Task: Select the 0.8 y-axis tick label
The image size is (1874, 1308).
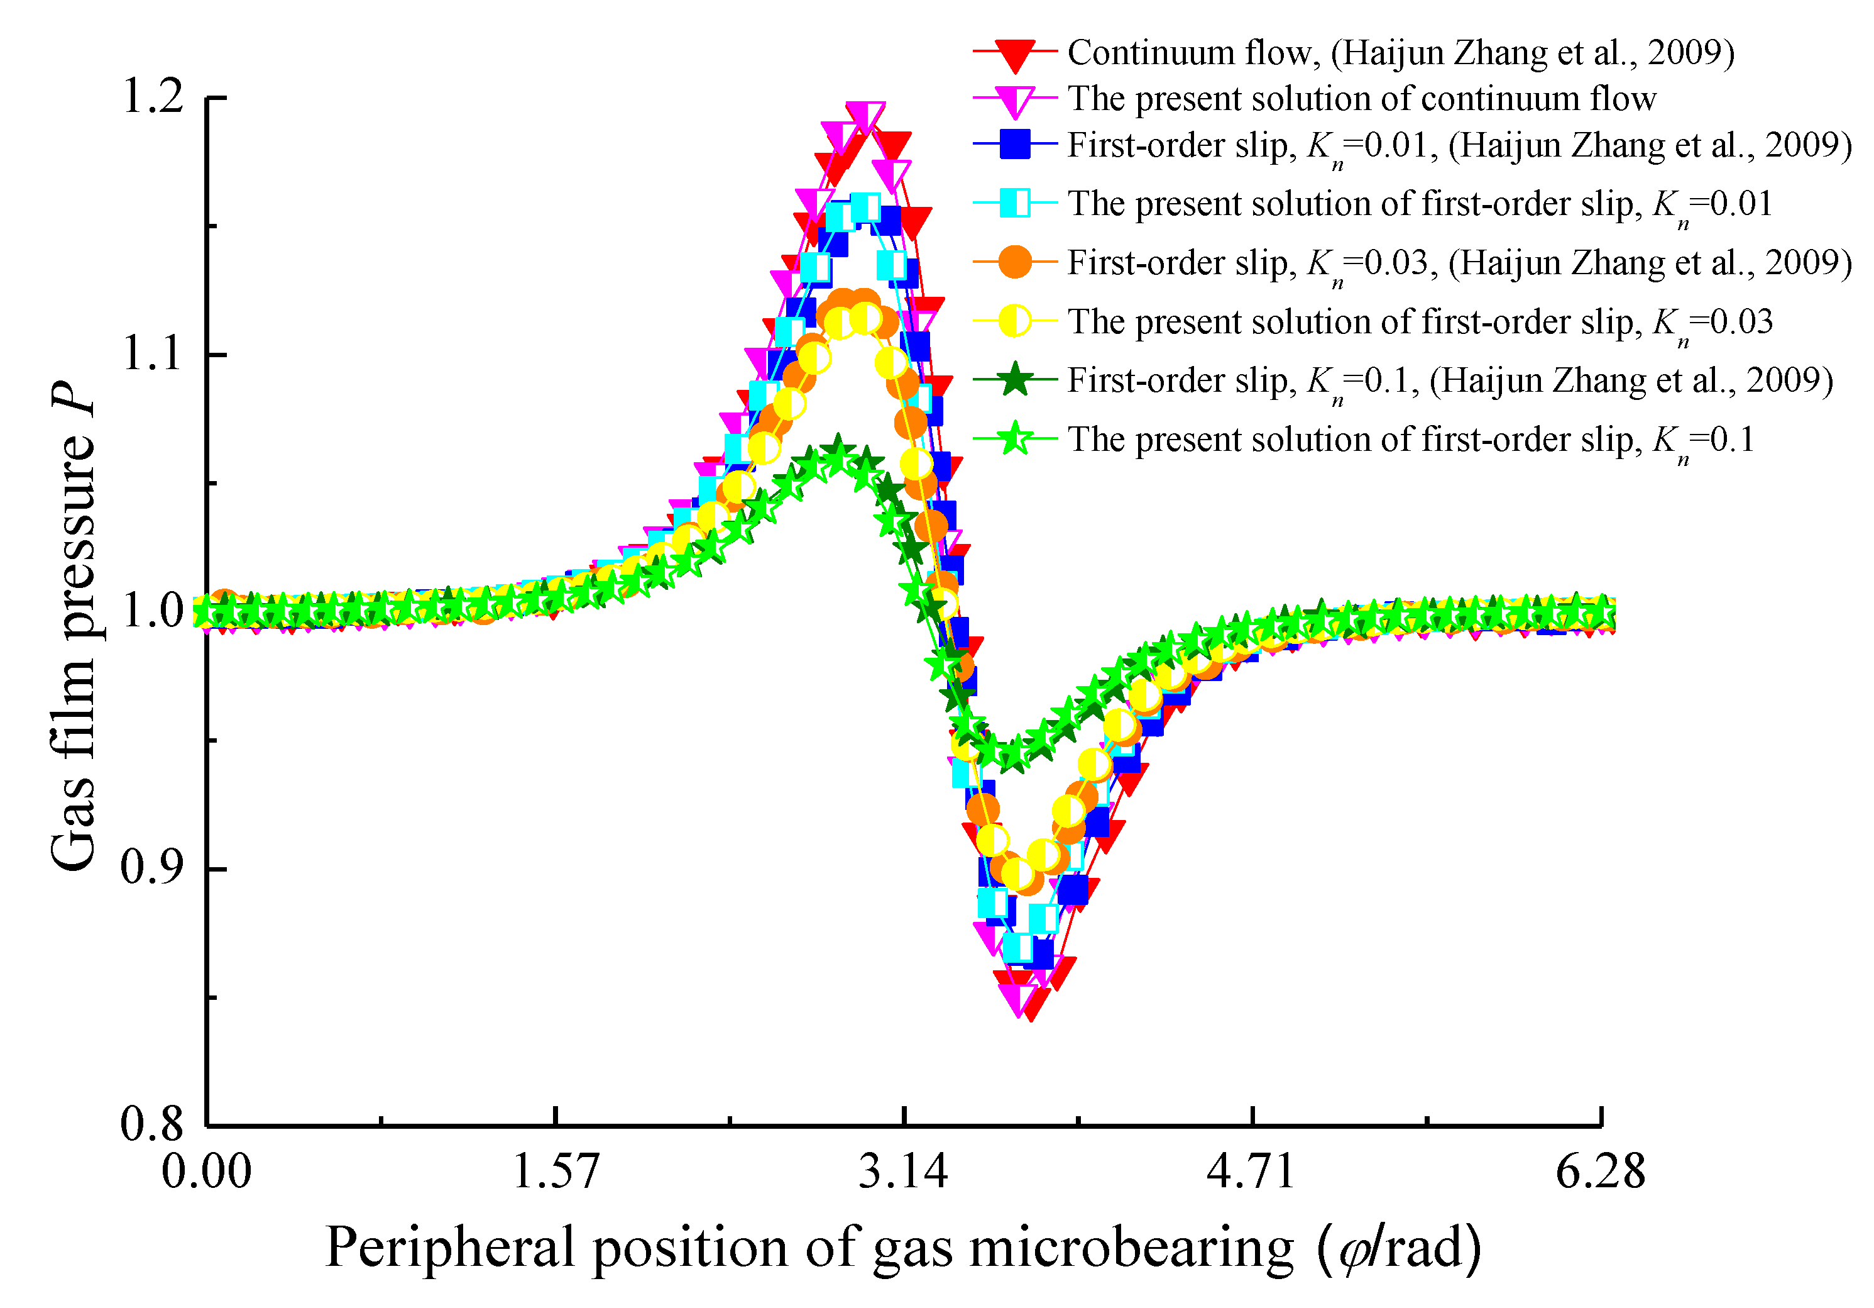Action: pyautogui.click(x=153, y=1124)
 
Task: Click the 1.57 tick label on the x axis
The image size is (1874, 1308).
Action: pyautogui.click(x=555, y=1172)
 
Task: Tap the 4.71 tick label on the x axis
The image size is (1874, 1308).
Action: pyautogui.click(x=1251, y=1172)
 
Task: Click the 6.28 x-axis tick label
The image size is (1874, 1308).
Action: pyautogui.click(x=1600, y=1172)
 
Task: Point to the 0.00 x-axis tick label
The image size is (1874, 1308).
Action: pyautogui.click(x=207, y=1172)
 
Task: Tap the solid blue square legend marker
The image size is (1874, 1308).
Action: pyautogui.click(x=1014, y=145)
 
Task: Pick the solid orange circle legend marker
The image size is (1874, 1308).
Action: pyautogui.click(x=1014, y=262)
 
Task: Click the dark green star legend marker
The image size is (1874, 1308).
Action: pyautogui.click(x=1014, y=380)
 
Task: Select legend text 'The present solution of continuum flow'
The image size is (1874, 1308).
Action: pyautogui.click(x=1361, y=99)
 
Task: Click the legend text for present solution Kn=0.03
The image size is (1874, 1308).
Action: pyautogui.click(x=1420, y=322)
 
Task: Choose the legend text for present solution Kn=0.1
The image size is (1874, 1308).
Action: pyautogui.click(x=1410, y=440)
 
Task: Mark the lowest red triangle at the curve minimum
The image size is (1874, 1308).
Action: pyautogui.click(x=1031, y=1006)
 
